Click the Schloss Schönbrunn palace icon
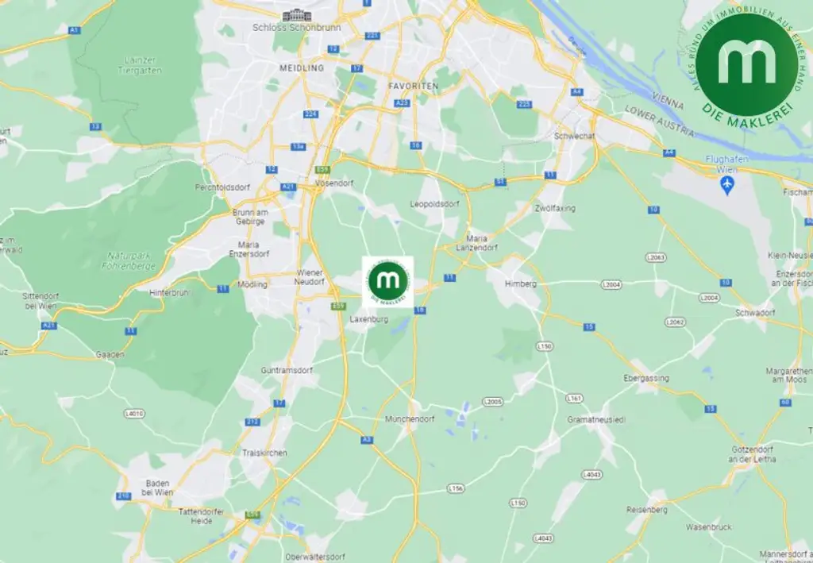[298, 14]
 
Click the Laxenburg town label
[368, 319]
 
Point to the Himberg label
[522, 283]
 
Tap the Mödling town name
[253, 283]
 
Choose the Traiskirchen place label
[264, 453]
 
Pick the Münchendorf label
[407, 418]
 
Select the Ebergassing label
[646, 378]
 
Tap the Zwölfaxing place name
[555, 208]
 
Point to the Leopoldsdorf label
[435, 203]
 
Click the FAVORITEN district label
[413, 85]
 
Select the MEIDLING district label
[302, 68]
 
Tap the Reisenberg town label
[647, 509]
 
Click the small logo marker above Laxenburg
[388, 282]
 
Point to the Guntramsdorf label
[287, 370]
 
